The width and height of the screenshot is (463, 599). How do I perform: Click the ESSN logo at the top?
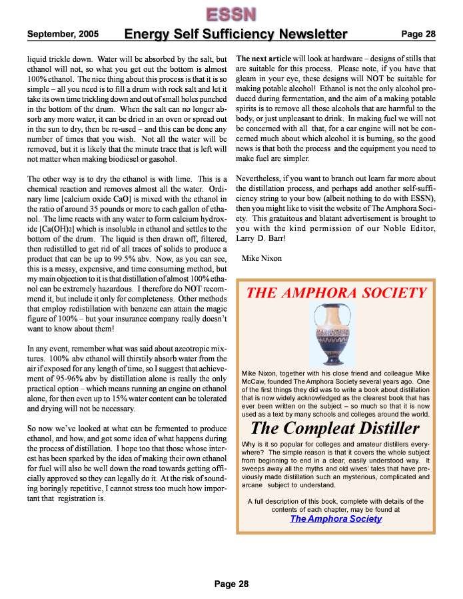pos(231,13)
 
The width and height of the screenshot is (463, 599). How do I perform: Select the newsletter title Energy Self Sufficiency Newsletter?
pos(236,34)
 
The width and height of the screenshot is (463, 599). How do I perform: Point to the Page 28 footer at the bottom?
pos(231,584)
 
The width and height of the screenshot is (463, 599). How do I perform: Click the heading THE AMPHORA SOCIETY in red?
pos(336,293)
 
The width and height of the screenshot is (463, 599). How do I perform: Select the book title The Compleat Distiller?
pos(337,427)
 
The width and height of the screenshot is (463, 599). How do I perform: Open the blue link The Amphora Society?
pos(336,518)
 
